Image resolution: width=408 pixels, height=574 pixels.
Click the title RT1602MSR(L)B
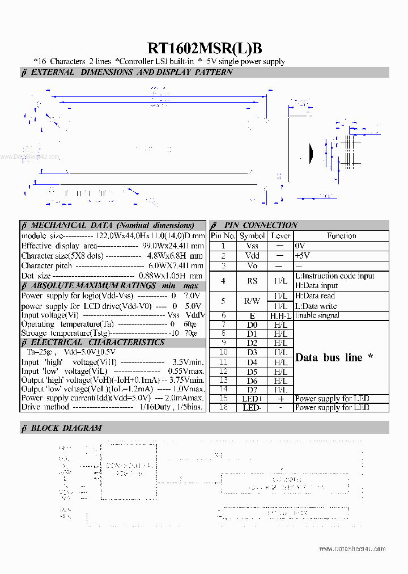205,48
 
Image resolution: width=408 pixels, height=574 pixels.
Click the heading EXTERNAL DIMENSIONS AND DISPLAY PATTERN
131,73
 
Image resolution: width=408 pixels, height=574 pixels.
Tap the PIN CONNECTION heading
261,225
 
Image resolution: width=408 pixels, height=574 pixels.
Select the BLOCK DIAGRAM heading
66,428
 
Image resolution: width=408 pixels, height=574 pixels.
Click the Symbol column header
252,236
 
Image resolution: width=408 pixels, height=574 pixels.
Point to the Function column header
341,236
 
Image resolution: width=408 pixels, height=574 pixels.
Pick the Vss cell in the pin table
252,246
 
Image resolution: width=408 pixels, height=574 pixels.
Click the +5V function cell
303,256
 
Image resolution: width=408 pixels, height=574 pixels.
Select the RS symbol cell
252,281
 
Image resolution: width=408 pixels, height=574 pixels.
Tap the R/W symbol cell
252,301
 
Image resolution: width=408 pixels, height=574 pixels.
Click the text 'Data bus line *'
334,358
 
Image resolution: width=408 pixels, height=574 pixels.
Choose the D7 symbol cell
252,390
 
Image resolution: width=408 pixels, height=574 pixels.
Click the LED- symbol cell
252,408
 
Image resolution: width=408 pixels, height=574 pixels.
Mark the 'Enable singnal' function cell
317,315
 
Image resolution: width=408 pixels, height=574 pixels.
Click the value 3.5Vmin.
188,362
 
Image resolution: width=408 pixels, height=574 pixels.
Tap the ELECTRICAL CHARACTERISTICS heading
97,343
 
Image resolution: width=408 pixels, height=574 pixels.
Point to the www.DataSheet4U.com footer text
352,549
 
